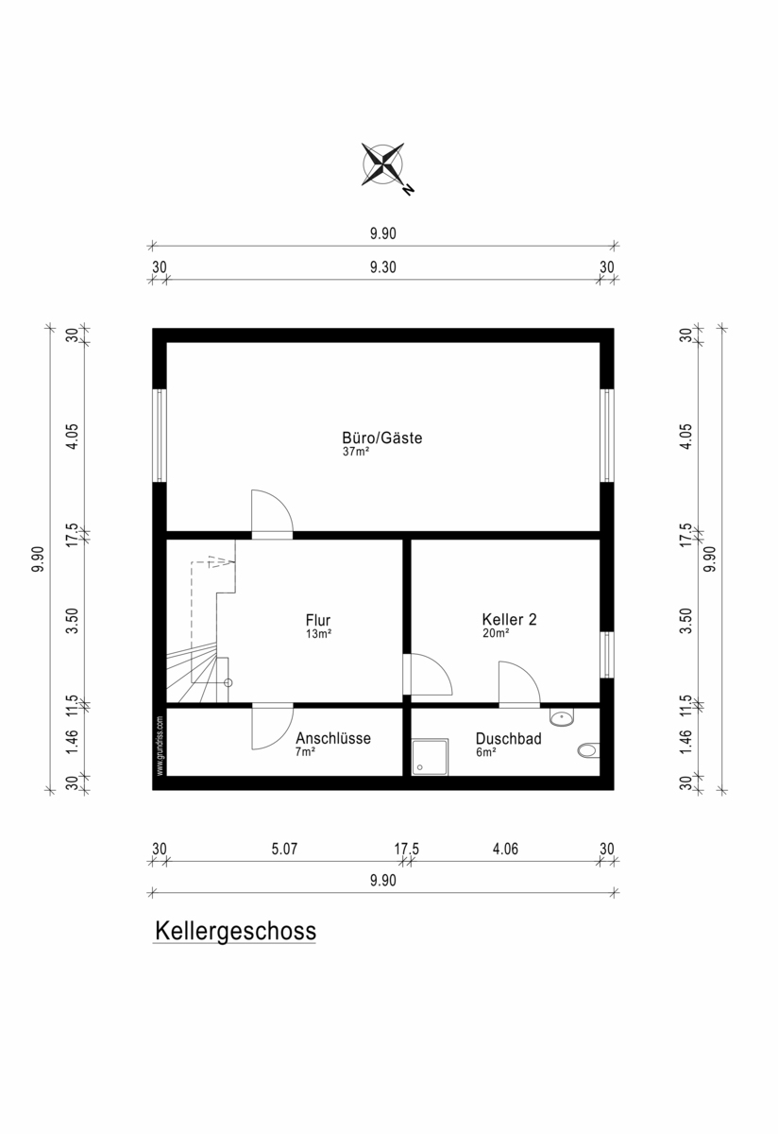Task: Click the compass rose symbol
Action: tap(382, 164)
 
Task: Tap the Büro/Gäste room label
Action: tap(381, 438)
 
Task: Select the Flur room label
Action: tap(318, 620)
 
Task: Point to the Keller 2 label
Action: tap(510, 619)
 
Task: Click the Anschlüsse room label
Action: tap(333, 738)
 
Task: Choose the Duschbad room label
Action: tap(508, 739)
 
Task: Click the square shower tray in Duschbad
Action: tap(430, 757)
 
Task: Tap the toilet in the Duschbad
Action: tap(588, 750)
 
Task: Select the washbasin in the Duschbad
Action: tap(562, 716)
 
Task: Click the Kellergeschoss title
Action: tap(235, 931)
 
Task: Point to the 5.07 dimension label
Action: tap(284, 849)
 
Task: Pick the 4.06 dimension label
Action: tap(505, 849)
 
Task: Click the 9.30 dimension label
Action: tap(383, 266)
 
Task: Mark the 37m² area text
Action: tap(356, 452)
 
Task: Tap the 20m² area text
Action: tap(496, 633)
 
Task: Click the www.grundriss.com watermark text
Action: tap(160, 746)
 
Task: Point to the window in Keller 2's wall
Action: tap(607, 655)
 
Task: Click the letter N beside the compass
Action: tap(409, 190)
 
